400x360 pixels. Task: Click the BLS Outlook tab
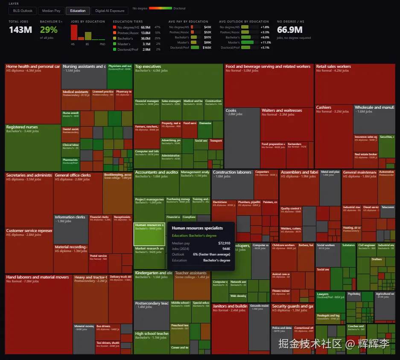pyautogui.click(x=23, y=11)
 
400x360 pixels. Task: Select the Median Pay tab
pyautogui.click(x=51, y=11)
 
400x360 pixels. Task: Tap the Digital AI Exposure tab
pyautogui.click(x=110, y=11)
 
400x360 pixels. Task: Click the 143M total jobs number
pyautogui.click(x=20, y=30)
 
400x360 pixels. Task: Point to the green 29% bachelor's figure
pyautogui.click(x=49, y=30)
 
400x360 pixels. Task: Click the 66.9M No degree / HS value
pyautogui.click(x=289, y=30)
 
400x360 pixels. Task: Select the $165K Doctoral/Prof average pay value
pyautogui.click(x=207, y=47)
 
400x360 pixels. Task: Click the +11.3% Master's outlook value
pyautogui.click(x=266, y=42)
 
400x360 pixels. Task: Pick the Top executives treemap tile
pyautogui.click(x=178, y=81)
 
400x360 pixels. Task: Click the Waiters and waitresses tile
pyautogui.click(x=286, y=124)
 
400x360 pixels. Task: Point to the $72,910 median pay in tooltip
pyautogui.click(x=224, y=243)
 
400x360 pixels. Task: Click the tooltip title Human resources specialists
pyautogui.click(x=197, y=228)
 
